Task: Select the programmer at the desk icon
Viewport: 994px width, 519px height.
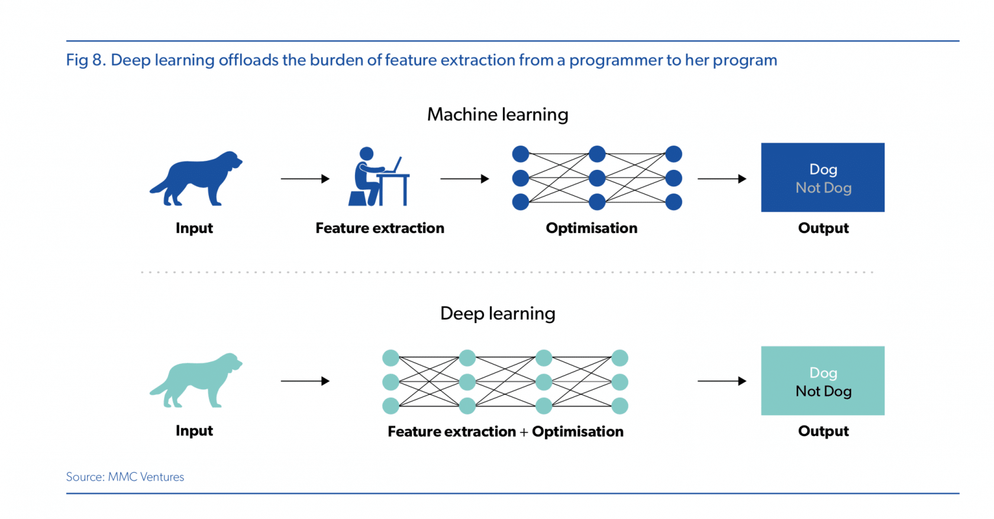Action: pyautogui.click(x=379, y=176)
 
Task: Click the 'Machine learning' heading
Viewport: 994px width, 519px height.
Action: pyautogui.click(x=498, y=115)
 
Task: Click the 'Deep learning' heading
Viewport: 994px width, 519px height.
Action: pyautogui.click(x=498, y=314)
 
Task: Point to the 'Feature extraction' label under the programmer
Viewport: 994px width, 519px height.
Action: pyautogui.click(x=380, y=228)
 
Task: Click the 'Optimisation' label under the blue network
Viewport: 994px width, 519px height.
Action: pyautogui.click(x=592, y=228)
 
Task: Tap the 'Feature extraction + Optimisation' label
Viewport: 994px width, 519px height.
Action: pyautogui.click(x=505, y=431)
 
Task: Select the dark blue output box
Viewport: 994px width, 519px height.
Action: pyautogui.click(x=822, y=177)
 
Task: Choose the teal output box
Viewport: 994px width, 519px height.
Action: pyautogui.click(x=822, y=381)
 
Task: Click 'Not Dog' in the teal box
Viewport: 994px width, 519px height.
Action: pyautogui.click(x=824, y=391)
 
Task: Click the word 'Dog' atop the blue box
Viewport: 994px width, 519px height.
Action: pyautogui.click(x=824, y=169)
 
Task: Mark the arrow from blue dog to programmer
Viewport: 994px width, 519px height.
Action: pyautogui.click(x=305, y=179)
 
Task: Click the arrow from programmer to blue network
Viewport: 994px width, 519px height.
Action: pyautogui.click(x=464, y=179)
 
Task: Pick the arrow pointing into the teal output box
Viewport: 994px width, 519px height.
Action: pyautogui.click(x=722, y=381)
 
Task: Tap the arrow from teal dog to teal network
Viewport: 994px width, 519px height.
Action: pyautogui.click(x=305, y=381)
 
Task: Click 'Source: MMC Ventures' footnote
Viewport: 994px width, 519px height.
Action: pyautogui.click(x=125, y=477)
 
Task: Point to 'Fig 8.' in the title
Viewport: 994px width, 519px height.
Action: pyautogui.click(x=86, y=60)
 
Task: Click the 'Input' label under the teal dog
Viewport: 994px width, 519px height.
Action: pyautogui.click(x=194, y=431)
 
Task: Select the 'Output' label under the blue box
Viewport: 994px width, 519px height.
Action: pyautogui.click(x=824, y=228)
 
